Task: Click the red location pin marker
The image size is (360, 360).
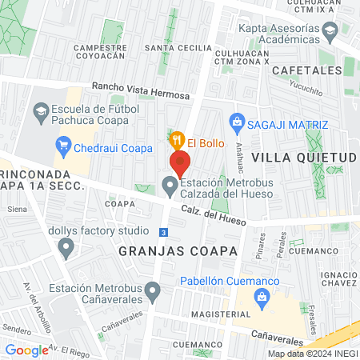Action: click(x=180, y=162)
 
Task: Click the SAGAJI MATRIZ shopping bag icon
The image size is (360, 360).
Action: click(x=236, y=122)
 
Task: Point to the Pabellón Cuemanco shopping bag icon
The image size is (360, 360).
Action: click(x=261, y=297)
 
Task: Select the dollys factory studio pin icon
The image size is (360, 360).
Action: click(x=67, y=250)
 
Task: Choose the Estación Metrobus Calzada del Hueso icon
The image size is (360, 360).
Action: click(x=170, y=187)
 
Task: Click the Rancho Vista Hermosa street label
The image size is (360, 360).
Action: click(x=140, y=90)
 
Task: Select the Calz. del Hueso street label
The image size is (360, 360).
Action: click(x=212, y=213)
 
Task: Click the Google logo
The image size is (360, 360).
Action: click(x=26, y=350)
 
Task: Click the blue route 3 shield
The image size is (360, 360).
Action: click(x=163, y=232)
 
